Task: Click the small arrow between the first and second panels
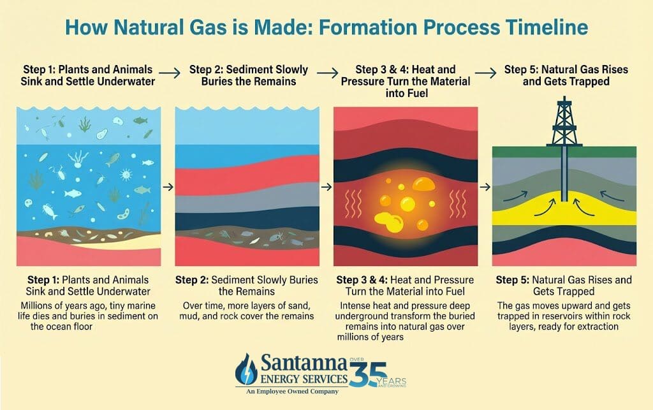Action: coord(168,187)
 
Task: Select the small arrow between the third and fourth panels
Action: coord(485,187)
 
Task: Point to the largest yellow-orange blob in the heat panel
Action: coord(423,184)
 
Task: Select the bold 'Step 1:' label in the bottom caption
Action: coord(43,280)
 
